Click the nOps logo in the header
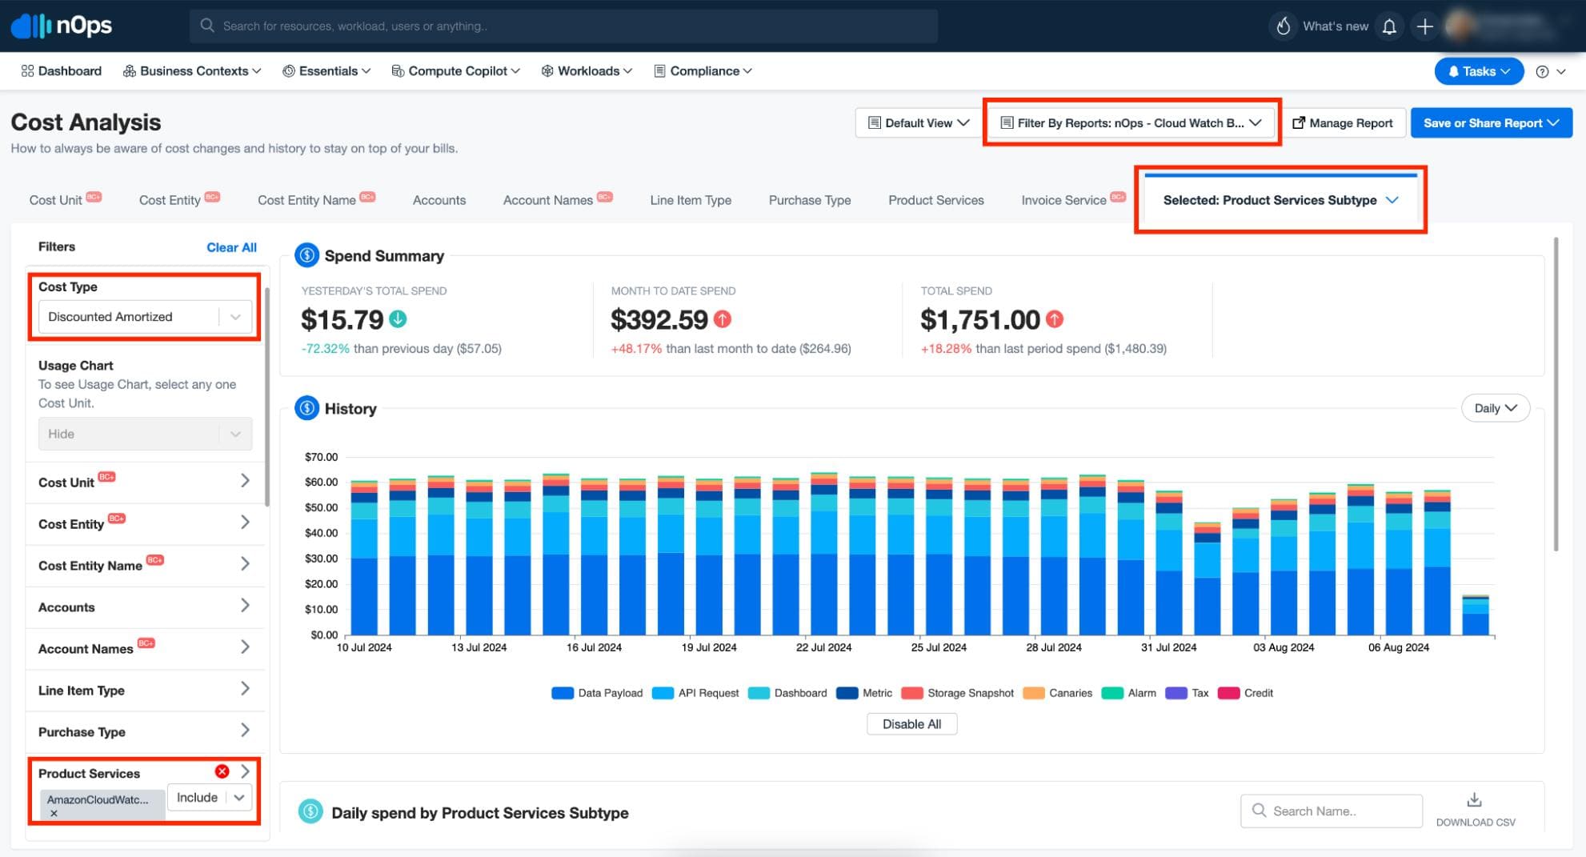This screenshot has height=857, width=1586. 62,26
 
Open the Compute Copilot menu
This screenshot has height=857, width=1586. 456,71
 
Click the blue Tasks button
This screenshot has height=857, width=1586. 1478,71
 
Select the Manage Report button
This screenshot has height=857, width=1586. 1343,123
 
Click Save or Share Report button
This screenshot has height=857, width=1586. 1491,123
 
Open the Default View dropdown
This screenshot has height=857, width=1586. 918,123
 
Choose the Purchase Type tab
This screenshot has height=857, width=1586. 809,200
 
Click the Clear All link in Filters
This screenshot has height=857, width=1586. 231,247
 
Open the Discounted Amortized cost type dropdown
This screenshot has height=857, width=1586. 145,317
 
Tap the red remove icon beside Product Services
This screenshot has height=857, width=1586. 222,771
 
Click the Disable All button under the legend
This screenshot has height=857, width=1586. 911,724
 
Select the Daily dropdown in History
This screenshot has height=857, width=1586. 1495,408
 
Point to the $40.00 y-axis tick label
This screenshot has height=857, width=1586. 321,533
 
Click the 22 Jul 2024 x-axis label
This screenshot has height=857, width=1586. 823,647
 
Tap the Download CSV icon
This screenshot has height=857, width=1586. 1474,800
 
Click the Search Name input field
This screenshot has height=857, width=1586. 1332,811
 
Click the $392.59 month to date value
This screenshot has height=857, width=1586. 659,320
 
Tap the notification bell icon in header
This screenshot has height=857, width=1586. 1389,26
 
